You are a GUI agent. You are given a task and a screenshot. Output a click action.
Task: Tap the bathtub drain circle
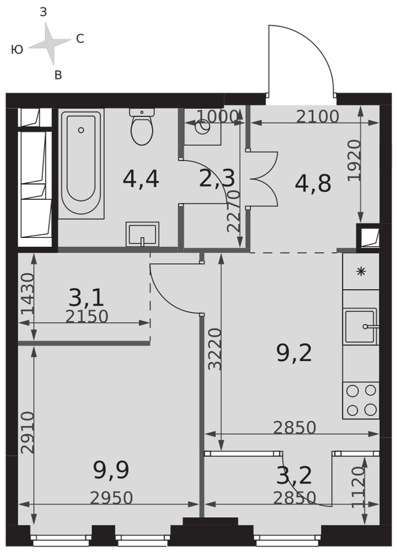tap(81, 130)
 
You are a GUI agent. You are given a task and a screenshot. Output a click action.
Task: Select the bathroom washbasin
tap(142, 234)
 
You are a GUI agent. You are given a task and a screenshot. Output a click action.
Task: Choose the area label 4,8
tap(313, 183)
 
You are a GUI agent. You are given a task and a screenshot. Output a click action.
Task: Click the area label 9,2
tap(294, 353)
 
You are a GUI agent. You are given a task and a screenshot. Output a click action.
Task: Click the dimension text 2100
tap(317, 116)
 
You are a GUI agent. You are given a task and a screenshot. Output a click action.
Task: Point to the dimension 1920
tap(354, 161)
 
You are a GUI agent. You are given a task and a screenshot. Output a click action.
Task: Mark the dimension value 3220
tap(215, 349)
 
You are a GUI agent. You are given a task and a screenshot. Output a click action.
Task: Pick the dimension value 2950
tap(112, 498)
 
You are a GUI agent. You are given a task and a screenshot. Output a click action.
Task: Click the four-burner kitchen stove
tap(361, 400)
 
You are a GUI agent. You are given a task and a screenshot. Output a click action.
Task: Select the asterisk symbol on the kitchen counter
tap(361, 272)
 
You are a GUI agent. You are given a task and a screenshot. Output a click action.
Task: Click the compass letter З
tap(43, 12)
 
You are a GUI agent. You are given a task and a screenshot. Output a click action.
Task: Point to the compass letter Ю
tap(17, 50)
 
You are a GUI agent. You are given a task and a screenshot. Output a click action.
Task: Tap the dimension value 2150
tap(87, 316)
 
